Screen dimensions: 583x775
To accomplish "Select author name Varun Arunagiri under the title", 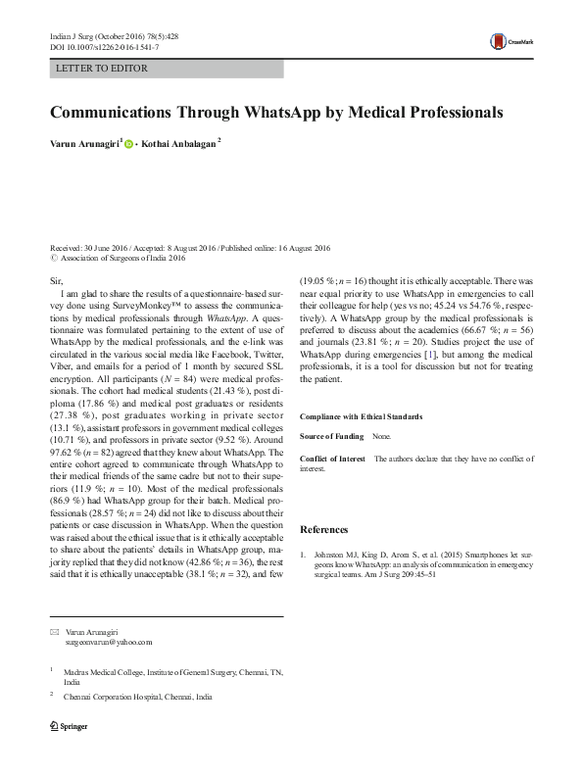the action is pos(84,143).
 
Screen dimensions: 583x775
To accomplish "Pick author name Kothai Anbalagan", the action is pos(179,143).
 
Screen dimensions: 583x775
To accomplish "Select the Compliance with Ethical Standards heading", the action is pos(367,417).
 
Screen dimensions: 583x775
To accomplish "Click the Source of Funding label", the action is pos(332,435).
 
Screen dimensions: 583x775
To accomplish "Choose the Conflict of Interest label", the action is pos(332,459).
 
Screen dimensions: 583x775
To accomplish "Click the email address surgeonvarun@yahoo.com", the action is pos(109,643).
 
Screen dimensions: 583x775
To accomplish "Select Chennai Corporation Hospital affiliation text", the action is pos(137,696).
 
